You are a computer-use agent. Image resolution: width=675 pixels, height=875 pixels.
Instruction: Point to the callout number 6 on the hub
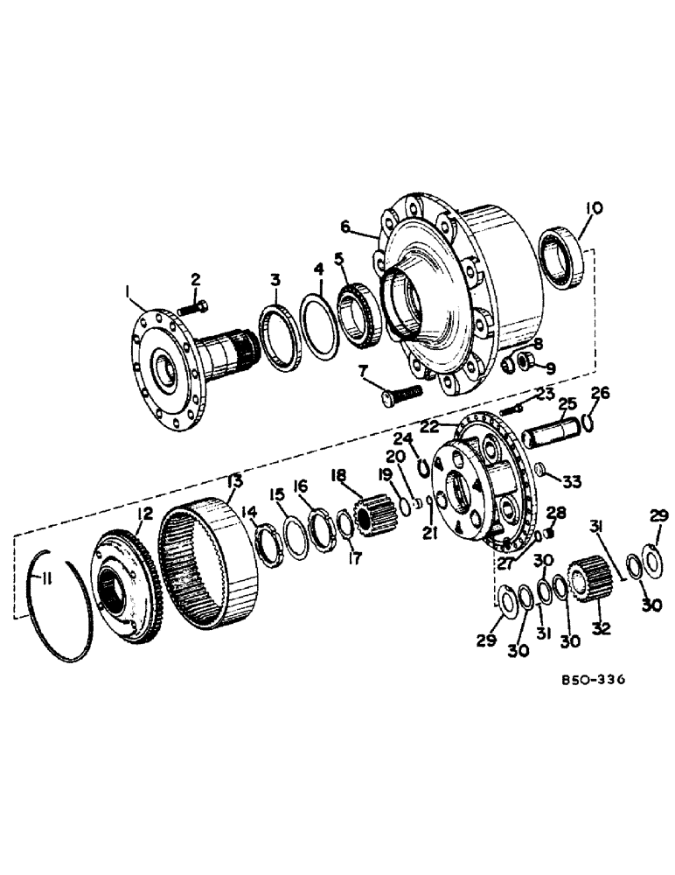point(344,227)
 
